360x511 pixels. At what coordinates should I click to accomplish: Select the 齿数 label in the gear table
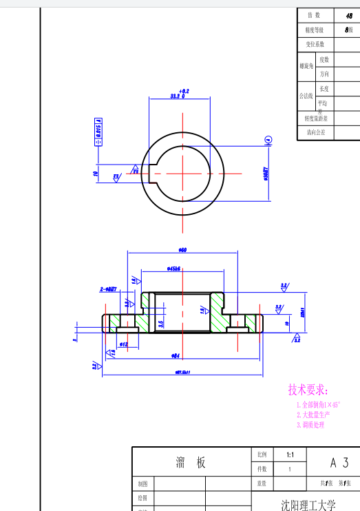click(x=315, y=15)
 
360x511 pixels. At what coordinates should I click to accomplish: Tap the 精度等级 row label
click(x=315, y=30)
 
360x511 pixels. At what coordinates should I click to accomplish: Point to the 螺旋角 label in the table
click(x=306, y=67)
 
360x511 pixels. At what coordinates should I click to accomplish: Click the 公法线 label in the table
click(x=306, y=96)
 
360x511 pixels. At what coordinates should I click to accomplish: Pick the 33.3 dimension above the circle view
click(x=178, y=96)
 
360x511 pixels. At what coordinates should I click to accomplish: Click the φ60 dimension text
click(x=182, y=250)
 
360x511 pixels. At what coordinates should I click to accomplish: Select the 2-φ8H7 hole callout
click(x=109, y=290)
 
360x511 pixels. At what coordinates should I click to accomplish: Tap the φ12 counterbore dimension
click(x=124, y=344)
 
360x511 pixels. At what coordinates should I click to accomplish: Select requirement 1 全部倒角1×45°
click(x=318, y=405)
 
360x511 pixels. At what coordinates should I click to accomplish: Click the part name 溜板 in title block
click(x=191, y=463)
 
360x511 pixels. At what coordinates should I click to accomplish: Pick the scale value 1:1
click(x=290, y=455)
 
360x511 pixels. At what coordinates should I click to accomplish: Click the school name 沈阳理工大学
click(x=308, y=505)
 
